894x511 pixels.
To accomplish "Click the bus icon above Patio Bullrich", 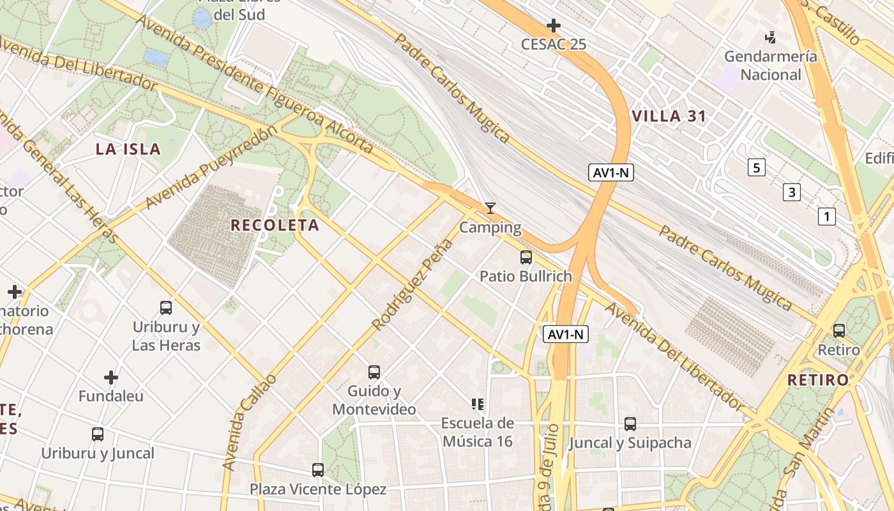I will coord(526,257).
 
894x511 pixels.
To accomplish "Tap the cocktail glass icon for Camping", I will coord(490,208).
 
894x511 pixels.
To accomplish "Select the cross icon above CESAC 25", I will coord(554,26).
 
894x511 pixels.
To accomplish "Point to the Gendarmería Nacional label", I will coord(770,65).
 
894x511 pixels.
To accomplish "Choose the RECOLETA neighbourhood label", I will coord(275,225).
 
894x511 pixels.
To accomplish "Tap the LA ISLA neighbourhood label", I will coord(128,149).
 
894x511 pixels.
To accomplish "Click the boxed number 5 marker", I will coord(757,168).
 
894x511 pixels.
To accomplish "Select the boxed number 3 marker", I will coord(792,192).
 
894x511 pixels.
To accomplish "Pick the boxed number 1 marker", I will coord(826,217).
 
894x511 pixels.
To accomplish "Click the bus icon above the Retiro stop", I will coord(838,331).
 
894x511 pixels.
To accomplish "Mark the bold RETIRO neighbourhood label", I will coord(818,380).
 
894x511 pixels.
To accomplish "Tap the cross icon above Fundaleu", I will coord(111,378).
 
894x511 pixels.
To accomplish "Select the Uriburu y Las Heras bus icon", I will coord(166,308).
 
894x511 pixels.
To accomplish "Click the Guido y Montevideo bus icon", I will coord(374,372).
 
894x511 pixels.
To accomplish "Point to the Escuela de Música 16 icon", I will coord(478,404).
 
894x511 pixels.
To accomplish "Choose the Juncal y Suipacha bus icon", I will coord(630,423).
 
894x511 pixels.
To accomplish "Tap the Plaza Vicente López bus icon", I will coord(318,470).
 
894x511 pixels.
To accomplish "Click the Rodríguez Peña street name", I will coord(412,285).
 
